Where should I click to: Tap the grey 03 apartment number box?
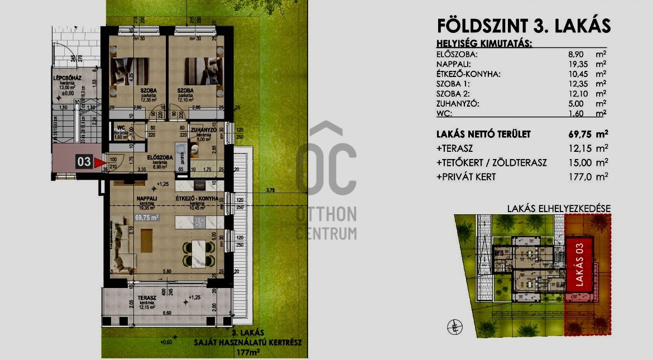pyautogui.click(x=84, y=162)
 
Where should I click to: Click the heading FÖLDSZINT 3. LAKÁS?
pyautogui.click(x=524, y=26)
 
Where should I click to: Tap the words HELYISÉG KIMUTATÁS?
pyautogui.click(x=484, y=43)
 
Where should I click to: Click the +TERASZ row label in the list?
pyautogui.click(x=456, y=148)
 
